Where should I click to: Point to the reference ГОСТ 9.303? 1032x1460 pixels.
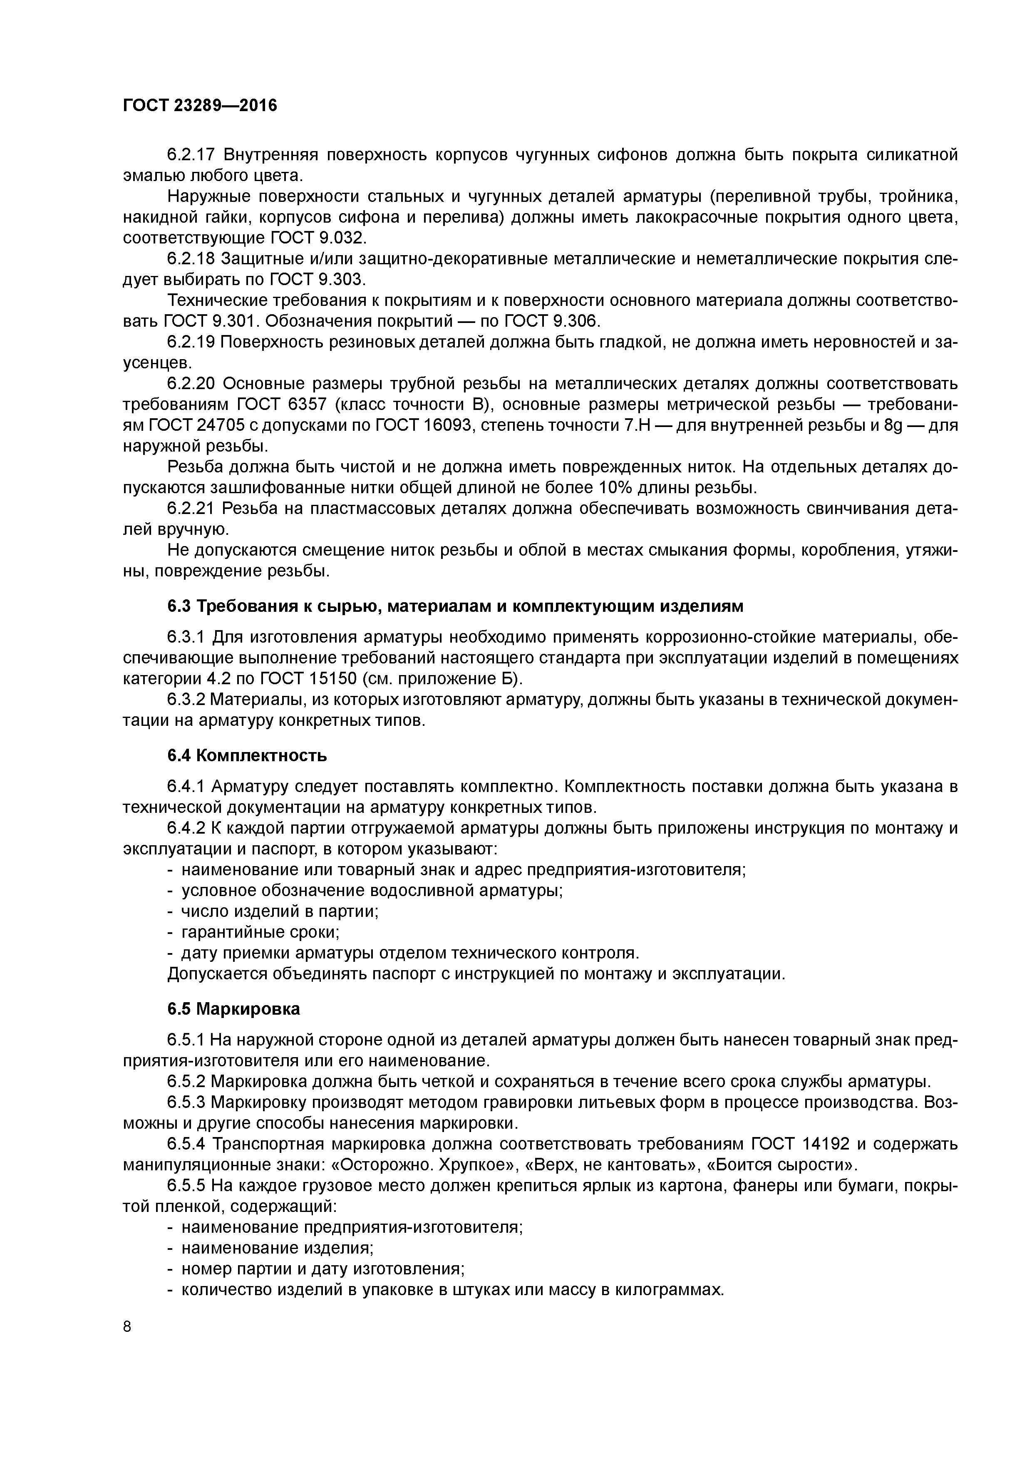(x=317, y=280)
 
